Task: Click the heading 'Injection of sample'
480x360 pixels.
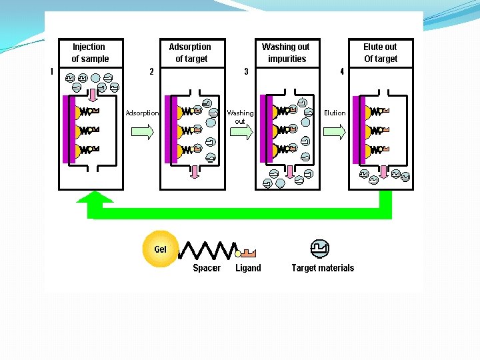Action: tap(89, 53)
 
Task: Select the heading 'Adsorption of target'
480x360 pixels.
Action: tap(190, 53)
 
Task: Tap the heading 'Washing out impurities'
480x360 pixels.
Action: tap(286, 53)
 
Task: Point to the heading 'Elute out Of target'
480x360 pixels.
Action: tap(380, 53)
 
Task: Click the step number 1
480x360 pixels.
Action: tap(52, 71)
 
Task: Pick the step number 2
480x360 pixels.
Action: tap(151, 71)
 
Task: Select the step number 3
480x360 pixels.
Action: tap(246, 71)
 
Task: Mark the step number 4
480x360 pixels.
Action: tap(342, 71)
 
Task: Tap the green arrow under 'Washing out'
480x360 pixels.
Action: tap(240, 133)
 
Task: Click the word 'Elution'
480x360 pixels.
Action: tap(335, 113)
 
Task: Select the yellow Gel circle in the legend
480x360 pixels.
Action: tap(161, 249)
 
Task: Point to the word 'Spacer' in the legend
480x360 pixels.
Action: tap(207, 268)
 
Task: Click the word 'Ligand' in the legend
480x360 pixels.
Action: tap(248, 268)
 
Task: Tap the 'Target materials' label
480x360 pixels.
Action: tap(323, 268)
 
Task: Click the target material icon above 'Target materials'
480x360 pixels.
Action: tap(320, 249)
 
